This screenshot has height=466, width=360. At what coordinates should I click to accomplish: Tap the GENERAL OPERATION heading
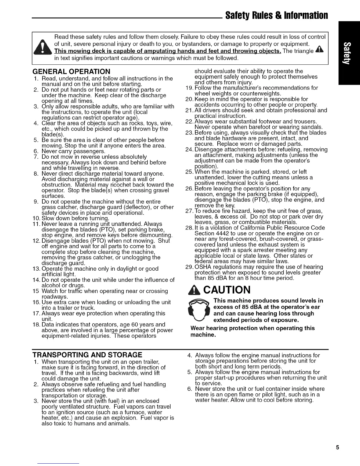pyautogui.click(x=72, y=71)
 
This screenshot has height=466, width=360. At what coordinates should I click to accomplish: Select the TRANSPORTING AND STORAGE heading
pyautogui.click(x=87, y=355)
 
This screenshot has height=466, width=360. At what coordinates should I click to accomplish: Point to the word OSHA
pyautogui.click(x=202, y=267)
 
